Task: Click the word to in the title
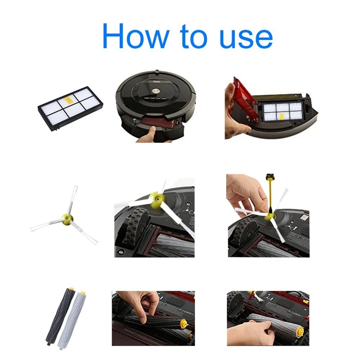[191, 37]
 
